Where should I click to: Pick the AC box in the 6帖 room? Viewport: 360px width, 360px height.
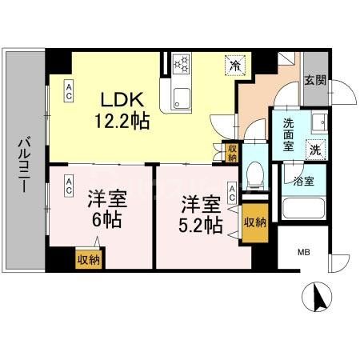click(x=70, y=186)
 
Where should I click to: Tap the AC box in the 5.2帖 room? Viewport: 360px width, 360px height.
click(x=231, y=192)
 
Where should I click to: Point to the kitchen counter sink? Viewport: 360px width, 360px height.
click(x=180, y=100)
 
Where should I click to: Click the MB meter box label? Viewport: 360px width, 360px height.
click(x=304, y=253)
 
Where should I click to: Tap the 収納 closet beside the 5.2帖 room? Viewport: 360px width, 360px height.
click(x=255, y=222)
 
